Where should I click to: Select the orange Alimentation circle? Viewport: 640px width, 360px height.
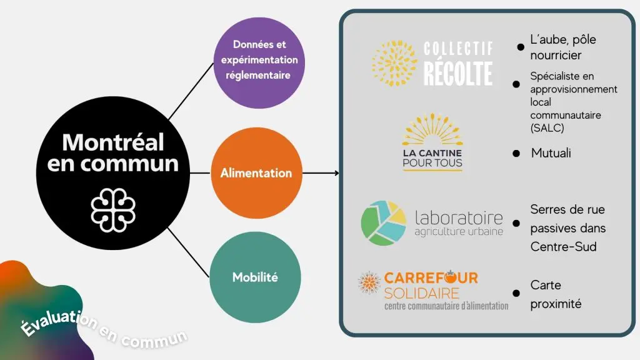pyautogui.click(x=256, y=172)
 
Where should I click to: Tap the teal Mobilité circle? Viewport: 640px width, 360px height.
pyautogui.click(x=256, y=277)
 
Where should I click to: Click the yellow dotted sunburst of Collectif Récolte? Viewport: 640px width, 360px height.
pyautogui.click(x=394, y=63)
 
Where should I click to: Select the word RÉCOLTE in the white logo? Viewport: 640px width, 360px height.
pyautogui.click(x=458, y=73)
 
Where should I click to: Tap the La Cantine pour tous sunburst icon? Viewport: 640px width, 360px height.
pyautogui.click(x=432, y=128)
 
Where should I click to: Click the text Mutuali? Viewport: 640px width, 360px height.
pyautogui.click(x=551, y=153)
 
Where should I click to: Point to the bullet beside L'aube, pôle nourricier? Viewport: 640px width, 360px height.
pyautogui.click(x=520, y=47)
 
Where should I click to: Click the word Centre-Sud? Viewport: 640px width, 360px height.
pyautogui.click(x=563, y=246)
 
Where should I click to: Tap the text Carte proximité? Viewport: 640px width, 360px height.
pyautogui.click(x=555, y=294)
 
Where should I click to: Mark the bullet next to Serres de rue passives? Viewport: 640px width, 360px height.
pyautogui.click(x=516, y=223)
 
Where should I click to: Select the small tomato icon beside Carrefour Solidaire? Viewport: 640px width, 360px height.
pyautogui.click(x=368, y=282)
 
